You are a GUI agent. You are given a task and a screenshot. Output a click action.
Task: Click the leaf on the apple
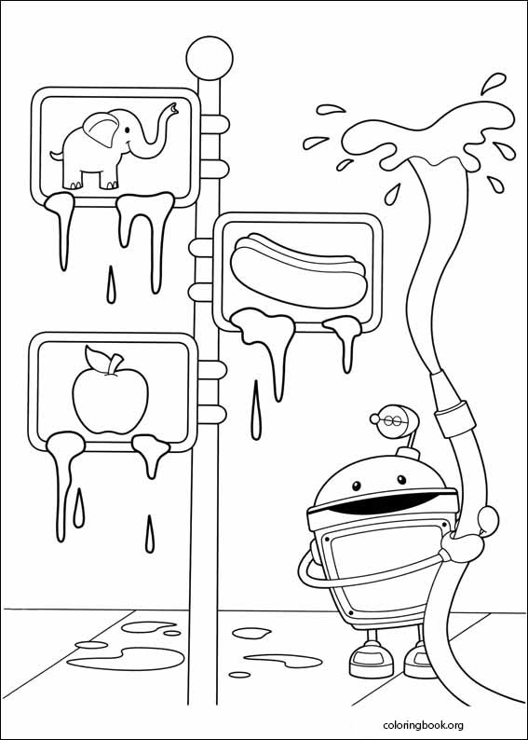pyautogui.click(x=97, y=357)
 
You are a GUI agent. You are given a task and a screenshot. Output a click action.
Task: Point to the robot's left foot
pyautogui.click(x=366, y=661)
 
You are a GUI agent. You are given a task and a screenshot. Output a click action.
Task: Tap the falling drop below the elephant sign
pyautogui.click(x=112, y=283)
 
